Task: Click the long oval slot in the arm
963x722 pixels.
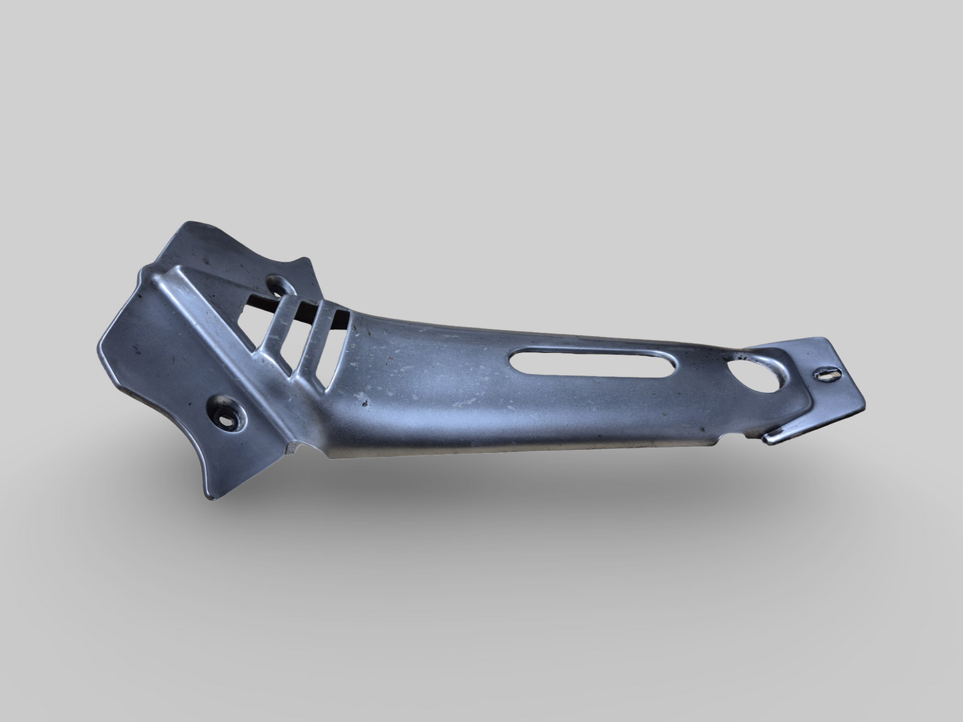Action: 593,366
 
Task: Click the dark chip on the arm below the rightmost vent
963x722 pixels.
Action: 364,403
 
